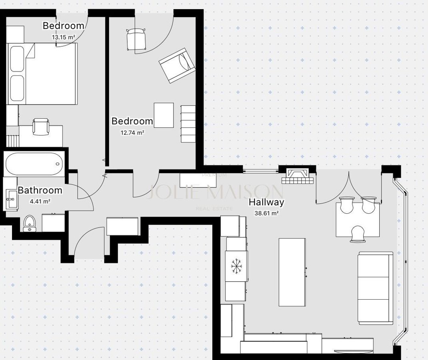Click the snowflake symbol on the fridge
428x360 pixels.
pos(236,266)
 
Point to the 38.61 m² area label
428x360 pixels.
pos(266,213)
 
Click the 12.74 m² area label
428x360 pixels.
pos(132,133)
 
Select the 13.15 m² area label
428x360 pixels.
pos(64,38)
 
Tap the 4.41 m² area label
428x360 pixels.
pos(40,201)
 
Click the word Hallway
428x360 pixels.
pos(266,202)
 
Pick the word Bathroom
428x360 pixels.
pos(40,190)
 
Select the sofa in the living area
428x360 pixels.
pos(376,288)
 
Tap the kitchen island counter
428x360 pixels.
pos(292,272)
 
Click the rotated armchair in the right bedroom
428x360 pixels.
pos(177,66)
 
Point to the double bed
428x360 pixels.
pos(42,74)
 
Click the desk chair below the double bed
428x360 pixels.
pos(41,127)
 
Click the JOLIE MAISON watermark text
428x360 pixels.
pos(214,192)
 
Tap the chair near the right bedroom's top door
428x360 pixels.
pos(136,39)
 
